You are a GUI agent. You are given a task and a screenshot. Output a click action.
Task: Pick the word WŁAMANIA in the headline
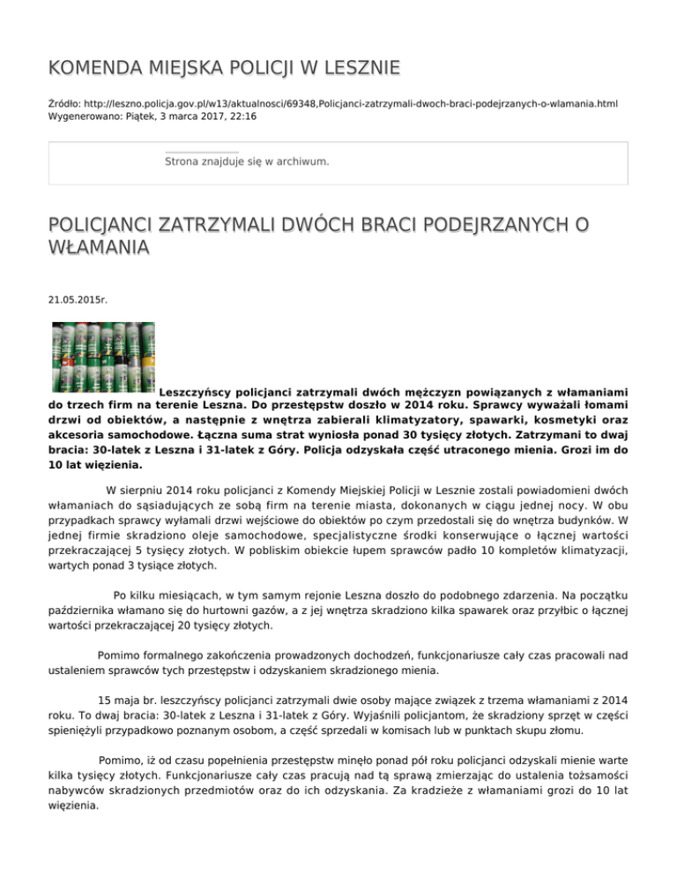99,249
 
